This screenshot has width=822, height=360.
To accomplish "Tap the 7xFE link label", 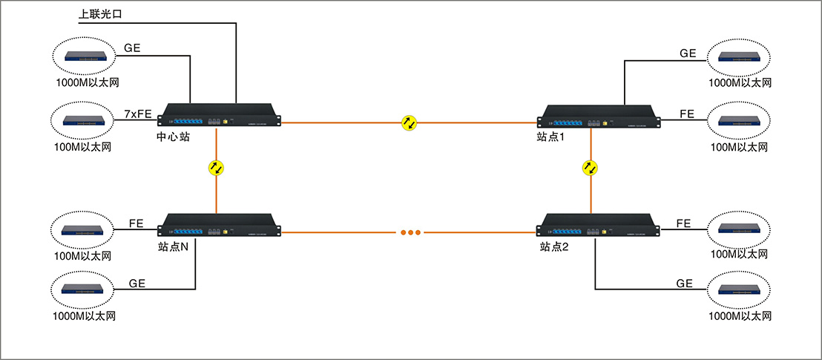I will click(139, 114).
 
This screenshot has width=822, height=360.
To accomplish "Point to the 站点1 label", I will click(553, 137).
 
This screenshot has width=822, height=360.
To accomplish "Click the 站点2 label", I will click(555, 247).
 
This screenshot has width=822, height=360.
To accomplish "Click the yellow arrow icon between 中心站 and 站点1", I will click(410, 123).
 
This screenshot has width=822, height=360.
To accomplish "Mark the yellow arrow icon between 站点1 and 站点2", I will click(591, 168).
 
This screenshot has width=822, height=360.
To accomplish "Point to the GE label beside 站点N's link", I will click(137, 283).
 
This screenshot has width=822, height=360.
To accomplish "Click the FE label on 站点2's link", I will click(684, 223).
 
